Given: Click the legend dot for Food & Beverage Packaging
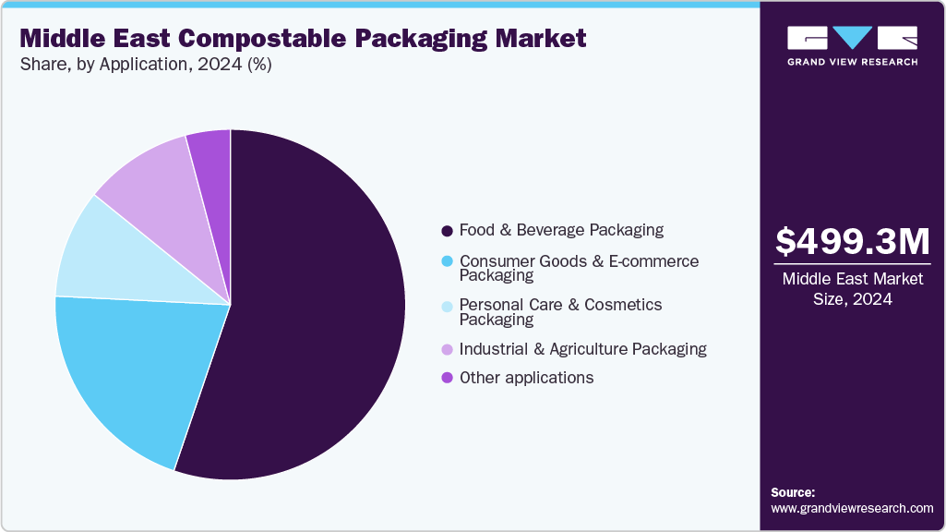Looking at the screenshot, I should click(448, 230).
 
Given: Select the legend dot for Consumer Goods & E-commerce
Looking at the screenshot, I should click(448, 261).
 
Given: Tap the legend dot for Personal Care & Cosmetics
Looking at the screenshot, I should click(448, 306).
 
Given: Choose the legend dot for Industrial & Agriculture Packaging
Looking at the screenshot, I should click(448, 349).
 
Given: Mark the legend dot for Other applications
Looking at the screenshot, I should click(448, 378).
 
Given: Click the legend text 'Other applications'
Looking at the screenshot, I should click(526, 378).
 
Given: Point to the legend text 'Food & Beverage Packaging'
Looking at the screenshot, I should click(561, 230).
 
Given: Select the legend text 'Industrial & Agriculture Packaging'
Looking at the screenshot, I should click(582, 349).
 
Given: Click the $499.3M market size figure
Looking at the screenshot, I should click(853, 242).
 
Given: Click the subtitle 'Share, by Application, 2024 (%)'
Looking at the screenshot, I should click(146, 65).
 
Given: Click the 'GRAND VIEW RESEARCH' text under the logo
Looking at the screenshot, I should click(852, 62).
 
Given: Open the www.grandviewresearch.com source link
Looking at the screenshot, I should click(852, 508).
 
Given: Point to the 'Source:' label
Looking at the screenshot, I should click(793, 492).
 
